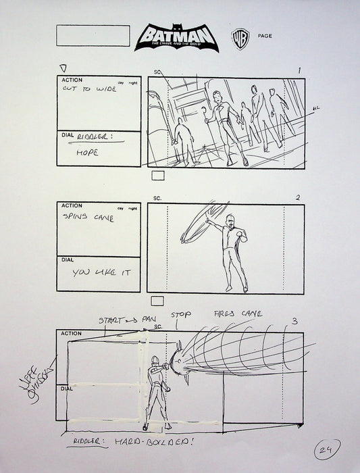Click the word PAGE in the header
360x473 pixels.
pos(265,36)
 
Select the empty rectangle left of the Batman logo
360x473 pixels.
pos(93,36)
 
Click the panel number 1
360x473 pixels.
pos(299,71)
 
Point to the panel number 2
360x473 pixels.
pos(297,197)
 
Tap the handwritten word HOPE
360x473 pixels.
pos(87,153)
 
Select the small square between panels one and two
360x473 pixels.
pos(158,176)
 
